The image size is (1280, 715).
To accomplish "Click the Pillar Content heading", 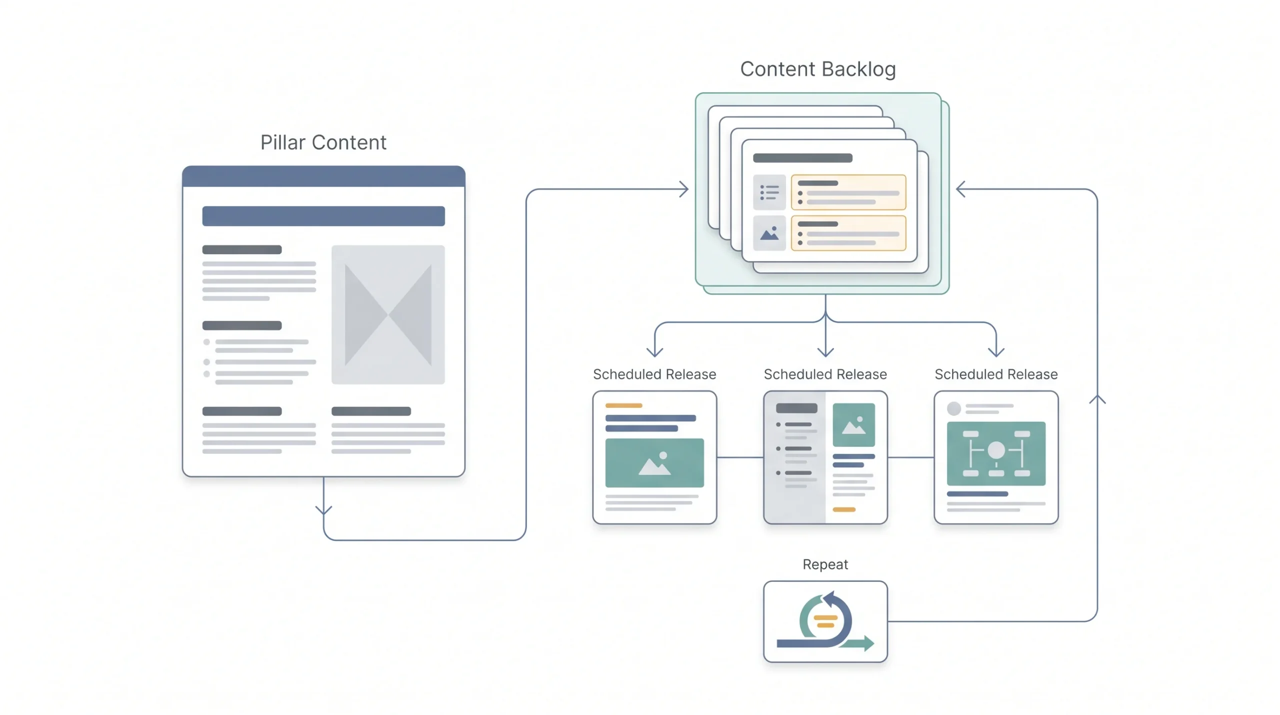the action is [x=323, y=143].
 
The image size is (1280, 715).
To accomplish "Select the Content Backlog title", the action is [x=818, y=69].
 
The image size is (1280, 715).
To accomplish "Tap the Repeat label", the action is [x=825, y=564].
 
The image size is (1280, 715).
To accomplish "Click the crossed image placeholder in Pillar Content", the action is [x=388, y=315].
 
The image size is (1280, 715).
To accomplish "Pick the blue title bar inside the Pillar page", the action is [x=323, y=216].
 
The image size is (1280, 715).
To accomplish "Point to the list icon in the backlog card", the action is [x=769, y=192].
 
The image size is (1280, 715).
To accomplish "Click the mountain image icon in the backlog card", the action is [x=769, y=233].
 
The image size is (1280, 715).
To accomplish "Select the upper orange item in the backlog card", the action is [x=848, y=192].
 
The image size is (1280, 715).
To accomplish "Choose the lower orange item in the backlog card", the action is [x=848, y=233].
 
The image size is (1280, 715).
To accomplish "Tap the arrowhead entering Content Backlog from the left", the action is [x=684, y=189].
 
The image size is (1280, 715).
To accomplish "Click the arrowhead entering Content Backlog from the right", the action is [x=960, y=189].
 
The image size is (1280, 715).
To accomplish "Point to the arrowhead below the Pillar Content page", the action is [x=323, y=510].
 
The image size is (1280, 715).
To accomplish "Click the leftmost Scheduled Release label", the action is [x=654, y=374].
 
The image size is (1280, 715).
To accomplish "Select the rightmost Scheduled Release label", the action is [x=996, y=374].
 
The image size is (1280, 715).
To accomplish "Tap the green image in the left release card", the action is [x=654, y=463].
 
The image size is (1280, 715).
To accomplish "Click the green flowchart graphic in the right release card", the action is [x=996, y=453].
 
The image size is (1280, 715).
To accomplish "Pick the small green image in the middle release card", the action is [x=853, y=425].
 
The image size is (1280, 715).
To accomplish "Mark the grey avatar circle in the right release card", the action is [x=954, y=408].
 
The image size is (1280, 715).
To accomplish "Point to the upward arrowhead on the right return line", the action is [x=1097, y=399].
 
